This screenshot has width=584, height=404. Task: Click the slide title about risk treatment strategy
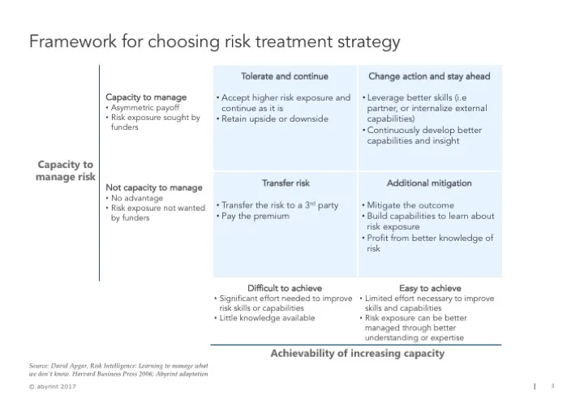tap(214, 41)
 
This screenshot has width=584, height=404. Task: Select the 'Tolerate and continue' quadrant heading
tap(284, 76)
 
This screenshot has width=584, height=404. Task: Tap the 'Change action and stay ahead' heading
tap(430, 76)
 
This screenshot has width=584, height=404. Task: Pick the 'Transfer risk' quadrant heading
tap(286, 183)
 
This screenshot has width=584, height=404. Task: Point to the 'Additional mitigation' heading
tap(429, 183)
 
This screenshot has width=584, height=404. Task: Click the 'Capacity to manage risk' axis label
tap(66, 170)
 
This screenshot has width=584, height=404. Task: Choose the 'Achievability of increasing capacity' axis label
tap(357, 354)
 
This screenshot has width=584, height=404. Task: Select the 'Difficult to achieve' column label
tap(284, 288)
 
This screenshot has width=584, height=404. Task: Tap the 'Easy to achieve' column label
tap(430, 288)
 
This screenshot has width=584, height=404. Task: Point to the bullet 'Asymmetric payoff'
tap(145, 108)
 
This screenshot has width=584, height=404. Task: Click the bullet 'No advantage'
tap(137, 198)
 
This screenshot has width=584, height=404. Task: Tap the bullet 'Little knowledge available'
tap(267, 318)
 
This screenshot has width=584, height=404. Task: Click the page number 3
tap(552, 386)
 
